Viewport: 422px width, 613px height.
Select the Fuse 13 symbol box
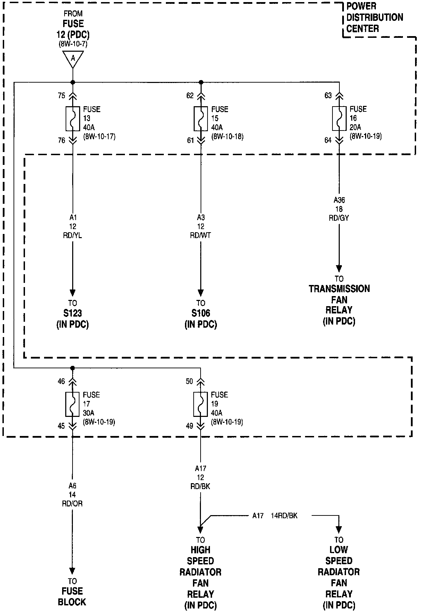pyautogui.click(x=73, y=118)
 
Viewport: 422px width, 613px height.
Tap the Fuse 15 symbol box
pyautogui.click(x=201, y=118)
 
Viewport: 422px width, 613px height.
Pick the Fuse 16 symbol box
pyautogui.click(x=339, y=118)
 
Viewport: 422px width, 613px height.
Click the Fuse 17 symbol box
pyautogui.click(x=73, y=404)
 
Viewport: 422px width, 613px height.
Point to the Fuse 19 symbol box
pyautogui.click(x=201, y=404)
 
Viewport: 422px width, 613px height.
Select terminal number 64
pyautogui.click(x=328, y=140)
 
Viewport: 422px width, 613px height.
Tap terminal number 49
pyautogui.click(x=189, y=426)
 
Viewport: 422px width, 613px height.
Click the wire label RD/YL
pyautogui.click(x=73, y=236)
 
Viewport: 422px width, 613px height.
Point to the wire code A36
pyautogui.click(x=339, y=200)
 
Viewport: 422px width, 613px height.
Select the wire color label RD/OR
pyautogui.click(x=72, y=504)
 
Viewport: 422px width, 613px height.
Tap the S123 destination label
pyautogui.click(x=73, y=313)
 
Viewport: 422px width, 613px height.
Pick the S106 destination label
pyautogui.click(x=201, y=313)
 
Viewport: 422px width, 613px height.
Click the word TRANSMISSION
pyautogui.click(x=339, y=289)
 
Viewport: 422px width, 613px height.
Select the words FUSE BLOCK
pyautogui.click(x=72, y=597)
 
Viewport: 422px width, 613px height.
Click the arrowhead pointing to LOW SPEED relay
pyautogui.click(x=339, y=530)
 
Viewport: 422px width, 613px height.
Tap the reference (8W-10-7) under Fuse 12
pyautogui.click(x=73, y=44)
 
